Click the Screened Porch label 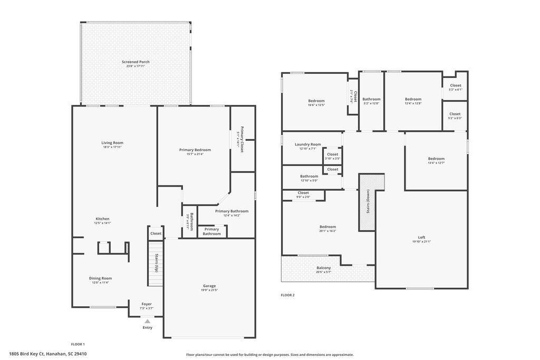click(136, 62)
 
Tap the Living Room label click(112, 142)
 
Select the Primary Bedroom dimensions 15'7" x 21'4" click(195, 154)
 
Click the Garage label click(209, 286)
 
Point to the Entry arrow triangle click(147, 321)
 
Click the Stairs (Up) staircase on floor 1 click(156, 263)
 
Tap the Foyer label click(147, 304)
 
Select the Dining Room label click(100, 278)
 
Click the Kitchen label click(102, 219)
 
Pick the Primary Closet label click(242, 139)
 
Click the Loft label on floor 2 click(421, 237)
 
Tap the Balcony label click(324, 268)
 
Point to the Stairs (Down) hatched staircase click(368, 202)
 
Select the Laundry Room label click(307, 144)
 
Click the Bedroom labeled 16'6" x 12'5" click(316, 101)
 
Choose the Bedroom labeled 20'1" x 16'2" click(327, 227)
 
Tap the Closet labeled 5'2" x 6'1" click(455, 85)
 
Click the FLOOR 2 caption click(287, 295)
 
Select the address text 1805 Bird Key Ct click(27, 354)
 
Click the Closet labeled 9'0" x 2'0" click(303, 193)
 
